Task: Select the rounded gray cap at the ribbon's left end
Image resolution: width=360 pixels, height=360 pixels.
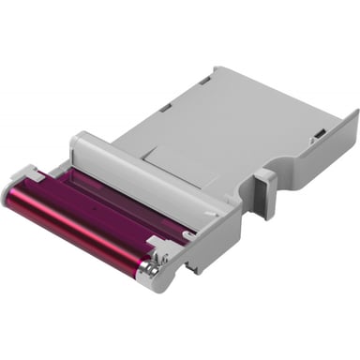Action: point(22,183)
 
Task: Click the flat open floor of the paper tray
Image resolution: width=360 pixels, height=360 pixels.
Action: point(244,122)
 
